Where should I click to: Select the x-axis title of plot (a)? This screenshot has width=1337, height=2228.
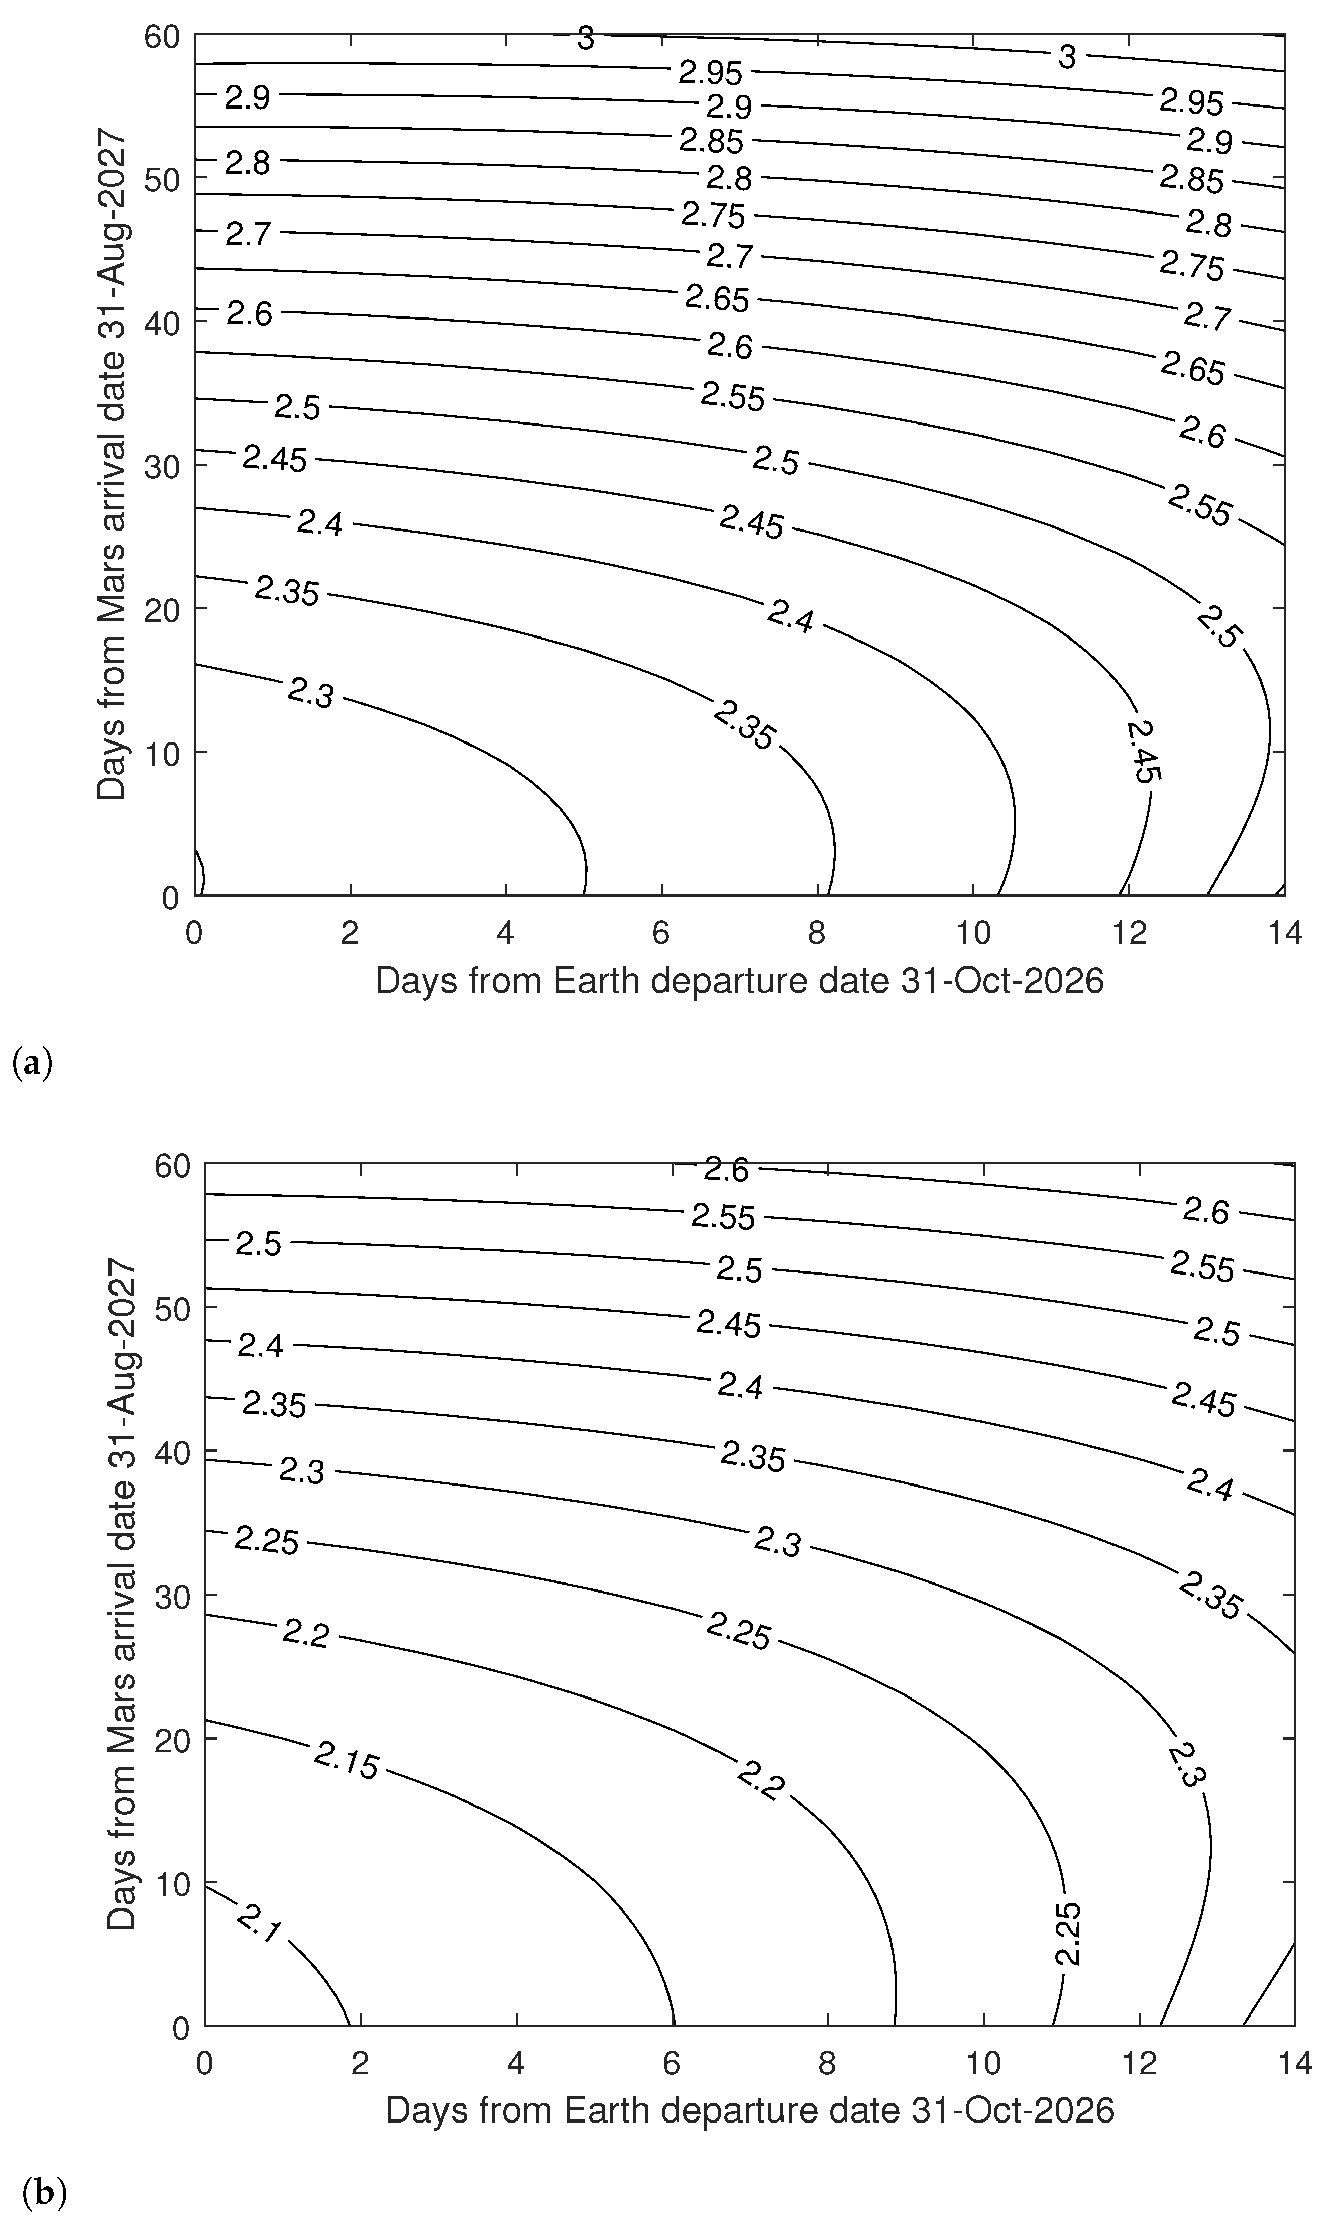tap(739, 980)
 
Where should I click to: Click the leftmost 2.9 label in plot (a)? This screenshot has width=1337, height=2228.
tap(247, 96)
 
